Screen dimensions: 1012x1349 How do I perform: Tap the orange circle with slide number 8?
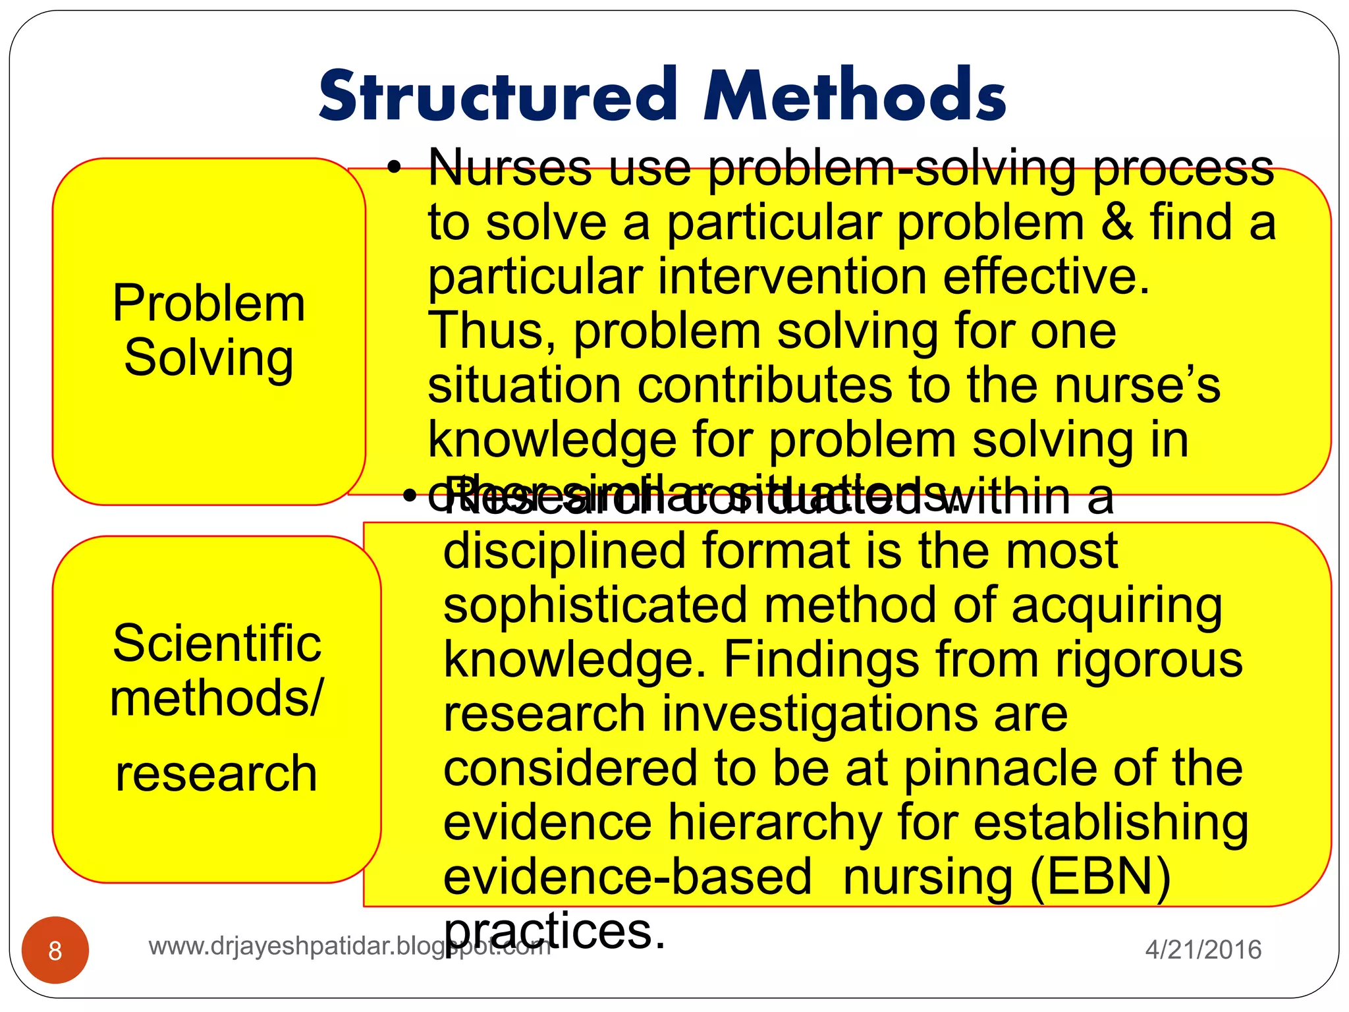pos(55,950)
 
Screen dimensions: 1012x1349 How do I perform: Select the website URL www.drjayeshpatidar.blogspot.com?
pos(349,947)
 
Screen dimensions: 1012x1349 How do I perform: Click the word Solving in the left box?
pos(209,358)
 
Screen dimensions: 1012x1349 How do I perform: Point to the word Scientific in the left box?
pos(217,644)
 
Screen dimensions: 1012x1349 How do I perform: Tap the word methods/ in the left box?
pos(217,698)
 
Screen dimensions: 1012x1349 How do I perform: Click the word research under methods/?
pos(216,773)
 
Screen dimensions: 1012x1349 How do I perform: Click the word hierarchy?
pos(775,823)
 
